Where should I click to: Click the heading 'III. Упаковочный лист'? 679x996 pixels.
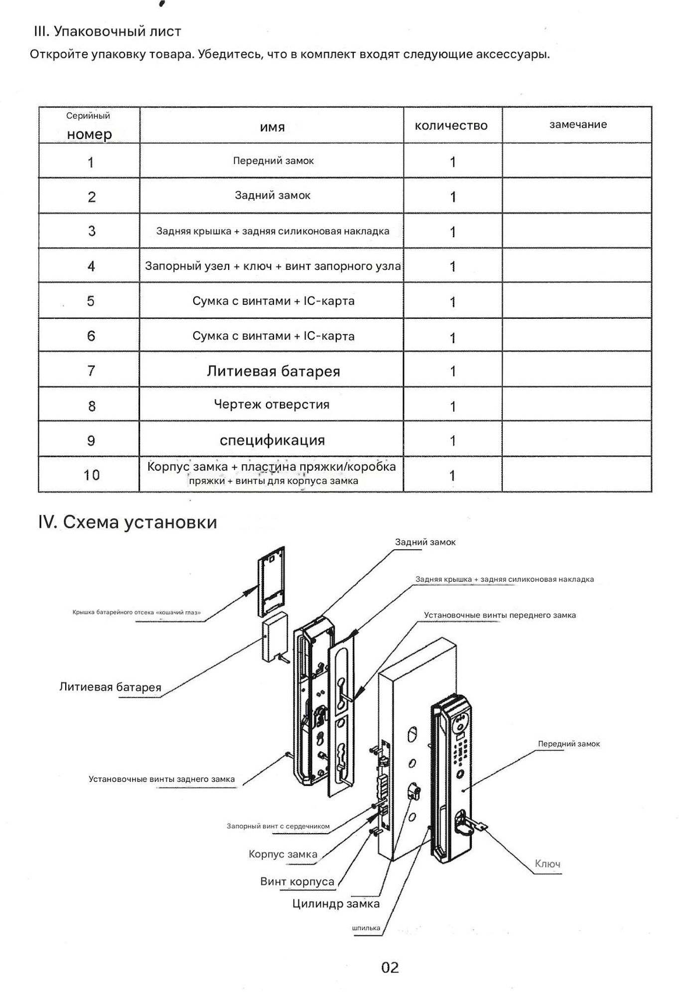(107, 31)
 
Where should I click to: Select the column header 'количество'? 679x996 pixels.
(451, 126)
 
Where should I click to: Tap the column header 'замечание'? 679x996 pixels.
(578, 124)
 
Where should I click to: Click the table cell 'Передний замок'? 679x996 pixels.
(273, 161)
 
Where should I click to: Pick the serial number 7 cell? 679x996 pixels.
(91, 371)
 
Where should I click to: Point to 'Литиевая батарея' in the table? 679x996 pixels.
(273, 371)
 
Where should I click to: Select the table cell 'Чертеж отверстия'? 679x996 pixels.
(272, 404)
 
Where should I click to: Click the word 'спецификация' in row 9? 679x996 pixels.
(272, 440)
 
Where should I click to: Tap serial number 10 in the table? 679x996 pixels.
(91, 475)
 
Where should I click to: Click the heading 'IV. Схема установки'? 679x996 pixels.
(128, 522)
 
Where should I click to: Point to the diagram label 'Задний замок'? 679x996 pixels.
(425, 542)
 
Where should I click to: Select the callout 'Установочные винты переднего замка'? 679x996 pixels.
(500, 615)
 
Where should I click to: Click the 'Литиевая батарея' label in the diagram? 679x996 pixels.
(110, 687)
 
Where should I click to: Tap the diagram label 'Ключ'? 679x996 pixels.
(547, 864)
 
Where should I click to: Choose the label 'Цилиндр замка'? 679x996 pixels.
(336, 903)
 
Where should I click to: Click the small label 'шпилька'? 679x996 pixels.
(366, 928)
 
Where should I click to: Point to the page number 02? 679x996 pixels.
(390, 967)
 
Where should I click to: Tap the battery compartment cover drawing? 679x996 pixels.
(272, 580)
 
